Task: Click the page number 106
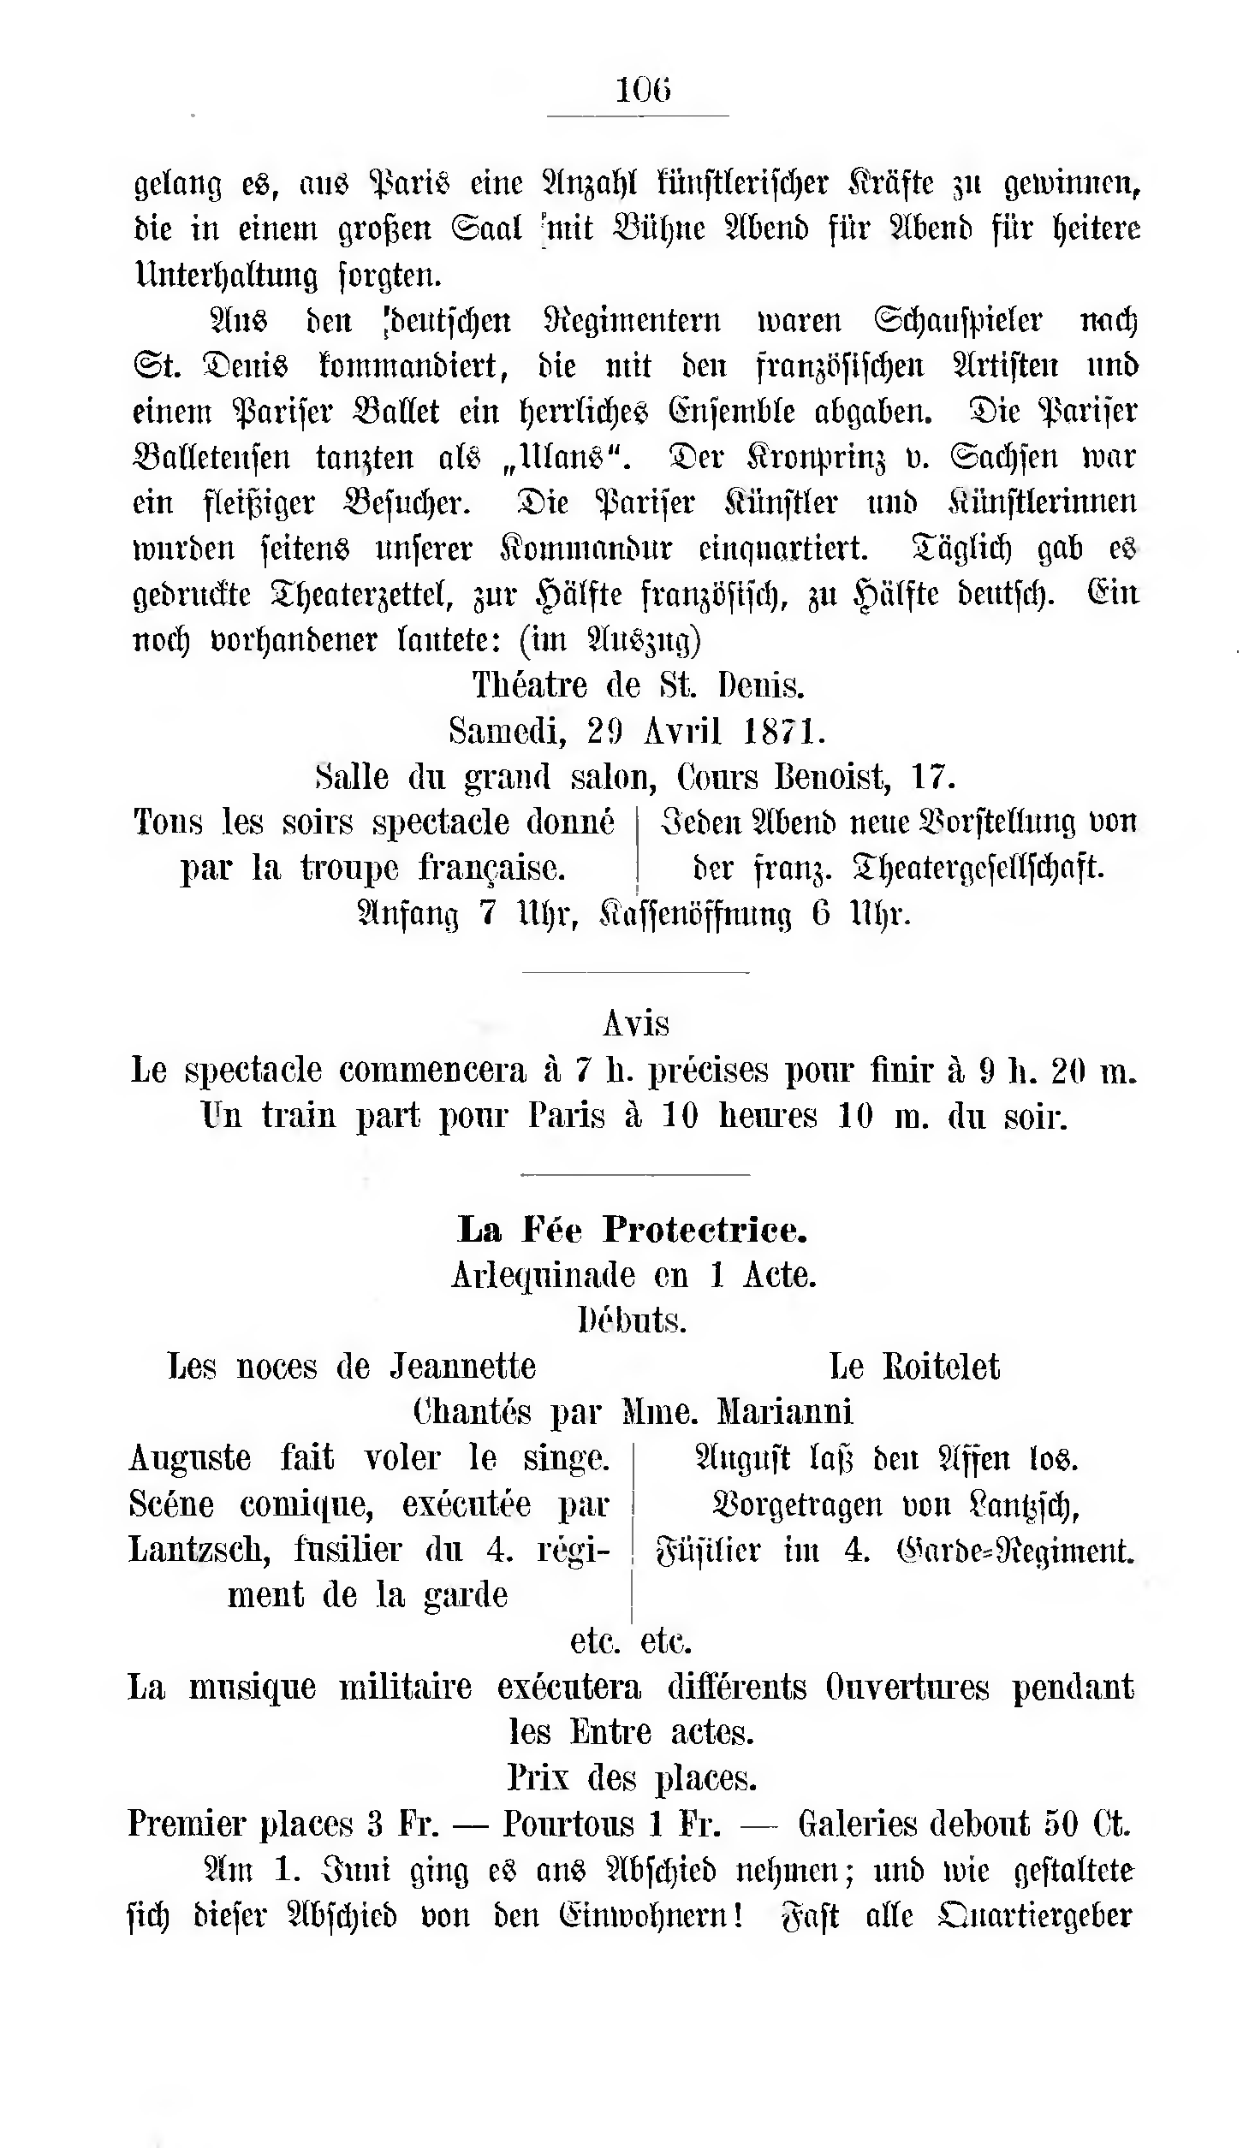point(643,90)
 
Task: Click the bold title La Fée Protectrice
point(633,1230)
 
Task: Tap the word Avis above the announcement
point(636,1023)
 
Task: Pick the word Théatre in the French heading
point(531,685)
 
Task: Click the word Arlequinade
point(543,1275)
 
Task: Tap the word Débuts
point(633,1320)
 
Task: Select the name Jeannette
point(463,1366)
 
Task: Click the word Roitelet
point(941,1366)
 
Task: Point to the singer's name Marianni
point(784,1411)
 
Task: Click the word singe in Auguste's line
point(566,1457)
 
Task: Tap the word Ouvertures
point(907,1687)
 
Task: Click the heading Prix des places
point(632,1778)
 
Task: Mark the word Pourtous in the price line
point(568,1824)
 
